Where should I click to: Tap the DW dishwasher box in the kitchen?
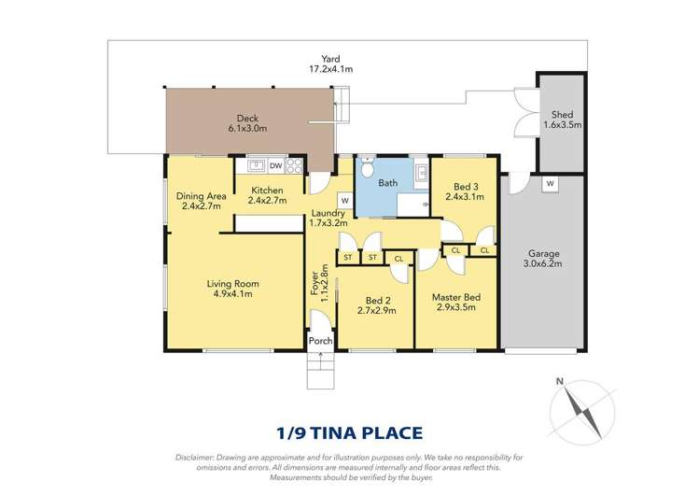point(276,166)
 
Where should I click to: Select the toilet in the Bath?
point(368,174)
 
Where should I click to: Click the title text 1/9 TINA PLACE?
point(349,432)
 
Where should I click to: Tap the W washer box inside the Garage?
point(549,183)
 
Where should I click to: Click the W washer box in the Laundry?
point(344,199)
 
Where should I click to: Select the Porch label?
point(320,341)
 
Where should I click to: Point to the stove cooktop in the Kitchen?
point(294,166)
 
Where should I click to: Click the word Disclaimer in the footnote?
point(197,457)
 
